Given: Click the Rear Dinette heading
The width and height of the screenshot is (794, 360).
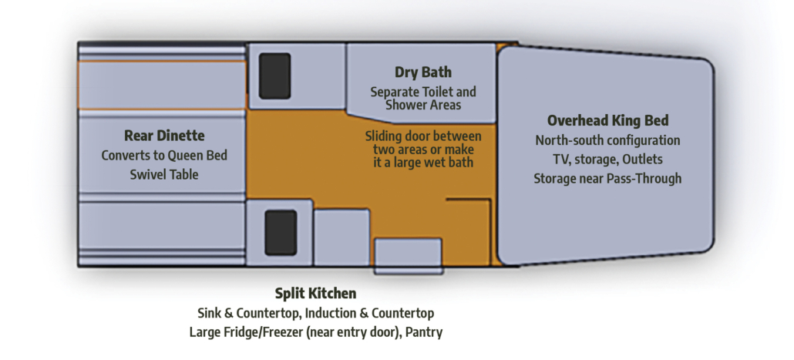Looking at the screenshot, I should pyautogui.click(x=164, y=136).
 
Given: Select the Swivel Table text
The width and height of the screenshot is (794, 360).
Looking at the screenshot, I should pyautogui.click(x=164, y=175).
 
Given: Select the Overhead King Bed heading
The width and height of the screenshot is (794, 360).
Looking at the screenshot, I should pyautogui.click(x=607, y=121).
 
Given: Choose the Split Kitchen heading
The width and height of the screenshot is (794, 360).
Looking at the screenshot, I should pyautogui.click(x=315, y=294).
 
